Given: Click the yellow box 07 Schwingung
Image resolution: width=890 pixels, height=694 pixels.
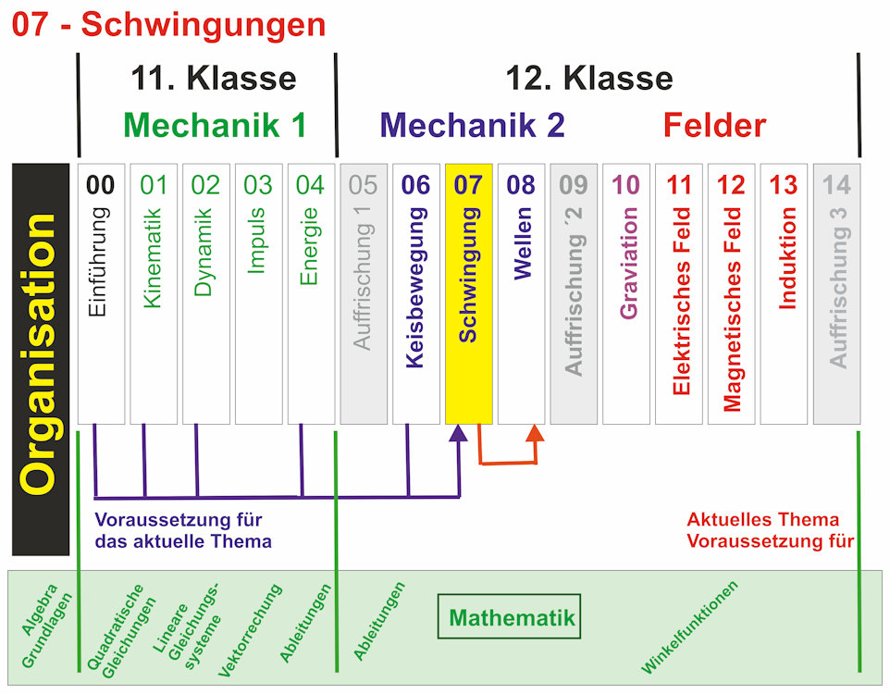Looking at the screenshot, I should (x=468, y=293).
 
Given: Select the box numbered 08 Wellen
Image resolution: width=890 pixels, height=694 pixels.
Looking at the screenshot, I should (x=521, y=293).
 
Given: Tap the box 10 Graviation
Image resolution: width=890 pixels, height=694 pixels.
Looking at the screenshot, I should (x=626, y=293).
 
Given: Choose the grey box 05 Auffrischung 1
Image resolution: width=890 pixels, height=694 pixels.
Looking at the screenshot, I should (x=363, y=293).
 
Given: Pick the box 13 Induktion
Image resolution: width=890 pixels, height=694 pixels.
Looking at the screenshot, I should (x=784, y=293).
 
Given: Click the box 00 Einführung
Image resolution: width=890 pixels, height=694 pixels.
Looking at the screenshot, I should (x=100, y=293).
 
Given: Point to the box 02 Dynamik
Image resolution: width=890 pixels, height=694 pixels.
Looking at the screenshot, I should (x=205, y=293).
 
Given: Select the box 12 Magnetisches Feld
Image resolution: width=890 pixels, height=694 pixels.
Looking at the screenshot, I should (x=731, y=293).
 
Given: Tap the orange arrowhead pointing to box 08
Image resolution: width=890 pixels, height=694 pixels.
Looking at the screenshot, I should (x=535, y=434).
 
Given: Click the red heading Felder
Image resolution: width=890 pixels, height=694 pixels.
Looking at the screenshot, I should (x=714, y=125).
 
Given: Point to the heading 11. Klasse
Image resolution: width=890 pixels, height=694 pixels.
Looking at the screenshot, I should (x=213, y=78).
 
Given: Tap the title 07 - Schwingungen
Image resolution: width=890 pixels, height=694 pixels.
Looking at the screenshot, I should (x=169, y=25).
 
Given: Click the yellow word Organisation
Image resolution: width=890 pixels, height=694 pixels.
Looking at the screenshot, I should (x=40, y=355).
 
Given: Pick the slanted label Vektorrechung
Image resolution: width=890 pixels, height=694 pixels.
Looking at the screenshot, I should (x=249, y=631).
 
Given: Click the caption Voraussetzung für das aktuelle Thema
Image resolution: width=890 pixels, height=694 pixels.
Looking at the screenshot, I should (x=183, y=530).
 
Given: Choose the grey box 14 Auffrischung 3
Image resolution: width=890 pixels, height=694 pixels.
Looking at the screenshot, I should (x=836, y=293).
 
